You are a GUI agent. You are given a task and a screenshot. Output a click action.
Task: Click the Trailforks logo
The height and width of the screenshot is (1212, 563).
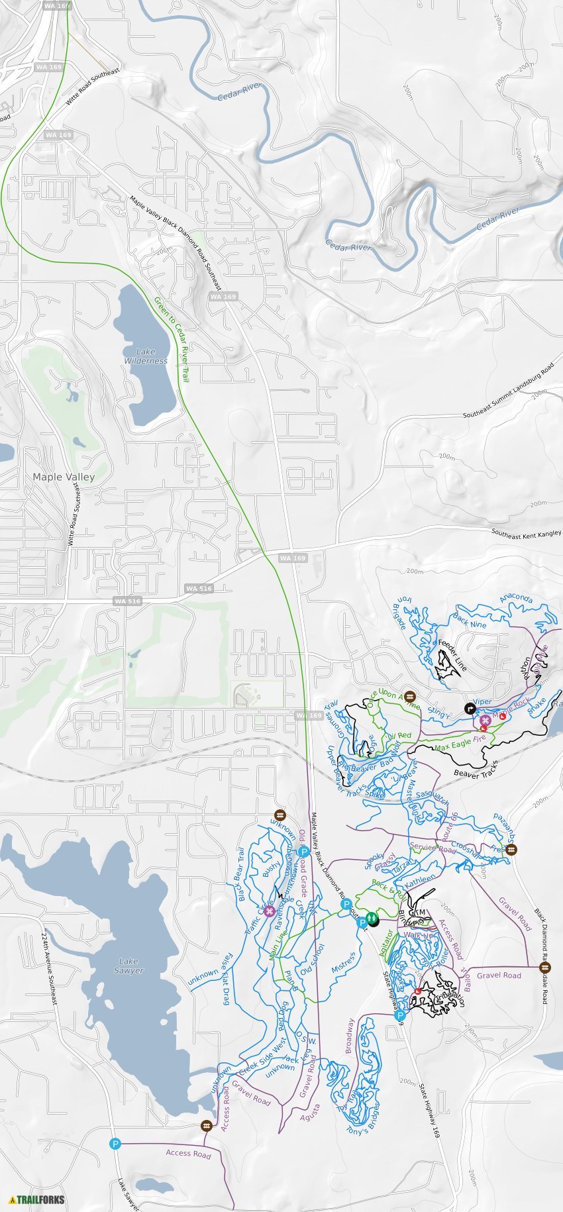coord(37,1199)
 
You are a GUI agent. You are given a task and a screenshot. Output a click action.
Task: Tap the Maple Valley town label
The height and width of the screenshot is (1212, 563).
coord(64,477)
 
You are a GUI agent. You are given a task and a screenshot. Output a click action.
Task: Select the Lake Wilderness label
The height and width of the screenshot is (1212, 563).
coord(146,356)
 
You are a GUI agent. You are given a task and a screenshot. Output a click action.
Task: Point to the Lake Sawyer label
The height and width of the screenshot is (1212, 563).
coord(128,966)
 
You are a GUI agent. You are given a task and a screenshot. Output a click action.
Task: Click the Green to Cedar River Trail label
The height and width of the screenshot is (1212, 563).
coord(172,338)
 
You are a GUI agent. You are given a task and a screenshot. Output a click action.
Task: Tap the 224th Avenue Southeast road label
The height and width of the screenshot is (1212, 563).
coord(50,970)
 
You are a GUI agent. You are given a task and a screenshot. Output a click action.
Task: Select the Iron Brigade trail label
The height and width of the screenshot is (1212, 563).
coord(402,612)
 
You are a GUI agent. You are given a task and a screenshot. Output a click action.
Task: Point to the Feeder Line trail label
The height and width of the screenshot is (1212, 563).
coord(453,655)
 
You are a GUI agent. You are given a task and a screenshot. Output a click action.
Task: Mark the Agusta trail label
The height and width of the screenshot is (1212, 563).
coord(310,1111)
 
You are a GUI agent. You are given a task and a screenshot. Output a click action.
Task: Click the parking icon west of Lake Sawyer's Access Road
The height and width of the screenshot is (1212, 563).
coord(115,1144)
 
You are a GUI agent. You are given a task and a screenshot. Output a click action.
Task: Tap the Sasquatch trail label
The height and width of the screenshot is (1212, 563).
coord(433,797)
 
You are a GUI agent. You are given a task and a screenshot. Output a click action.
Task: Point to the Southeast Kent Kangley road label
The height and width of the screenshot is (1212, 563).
coord(526,534)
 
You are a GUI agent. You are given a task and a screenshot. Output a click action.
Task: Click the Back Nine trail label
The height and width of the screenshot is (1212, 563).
coord(470,621)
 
